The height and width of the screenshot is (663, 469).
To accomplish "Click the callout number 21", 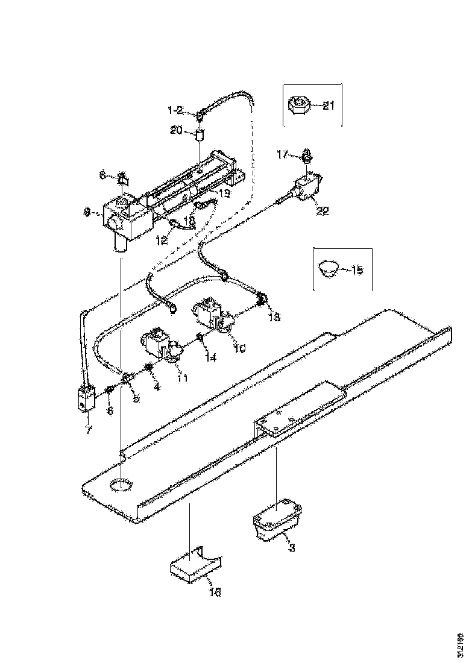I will [328, 106].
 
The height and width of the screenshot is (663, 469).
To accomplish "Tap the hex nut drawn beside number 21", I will [298, 106].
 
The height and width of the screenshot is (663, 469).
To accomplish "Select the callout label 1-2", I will [176, 111].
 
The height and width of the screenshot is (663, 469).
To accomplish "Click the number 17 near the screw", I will [282, 154].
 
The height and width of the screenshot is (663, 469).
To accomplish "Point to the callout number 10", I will [241, 348].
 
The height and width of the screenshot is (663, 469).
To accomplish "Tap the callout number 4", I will [157, 386].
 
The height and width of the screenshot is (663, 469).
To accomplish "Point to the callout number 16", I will [215, 592].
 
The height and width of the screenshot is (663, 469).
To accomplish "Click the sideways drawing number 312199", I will [459, 646].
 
